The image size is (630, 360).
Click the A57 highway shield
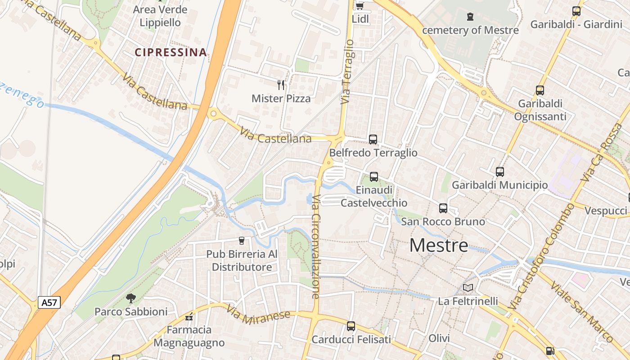click(49, 302)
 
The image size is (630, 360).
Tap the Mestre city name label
click(439, 245)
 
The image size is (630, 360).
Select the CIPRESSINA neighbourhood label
click(171, 52)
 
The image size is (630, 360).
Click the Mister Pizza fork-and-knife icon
click(281, 85)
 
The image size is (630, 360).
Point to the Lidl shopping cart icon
click(360, 6)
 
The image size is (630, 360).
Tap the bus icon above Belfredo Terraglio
click(373, 139)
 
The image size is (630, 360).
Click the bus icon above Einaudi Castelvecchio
click(374, 177)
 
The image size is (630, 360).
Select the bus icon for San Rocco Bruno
click(443, 208)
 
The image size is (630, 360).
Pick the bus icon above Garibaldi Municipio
click(500, 171)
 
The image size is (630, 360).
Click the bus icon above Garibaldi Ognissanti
click(540, 90)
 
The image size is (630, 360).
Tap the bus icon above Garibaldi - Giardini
click(576, 11)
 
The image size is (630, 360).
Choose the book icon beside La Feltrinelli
click(468, 288)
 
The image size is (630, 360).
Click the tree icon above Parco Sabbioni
click(131, 297)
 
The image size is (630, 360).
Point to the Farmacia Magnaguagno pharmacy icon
click(189, 317)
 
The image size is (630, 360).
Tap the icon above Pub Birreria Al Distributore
click(242, 240)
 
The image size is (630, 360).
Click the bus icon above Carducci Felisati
click(351, 326)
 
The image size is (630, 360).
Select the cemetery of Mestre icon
click(470, 17)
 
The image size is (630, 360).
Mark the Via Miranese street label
click(258, 316)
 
